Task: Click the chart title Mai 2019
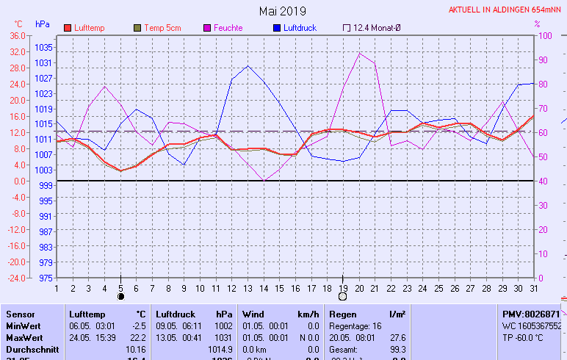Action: click(x=283, y=12)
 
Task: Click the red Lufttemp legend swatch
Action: click(x=68, y=28)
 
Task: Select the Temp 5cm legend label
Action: click(x=162, y=28)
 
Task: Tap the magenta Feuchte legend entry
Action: click(x=228, y=28)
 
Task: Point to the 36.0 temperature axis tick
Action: click(x=17, y=35)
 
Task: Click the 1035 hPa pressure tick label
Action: click(x=43, y=47)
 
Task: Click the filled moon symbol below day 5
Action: click(x=121, y=296)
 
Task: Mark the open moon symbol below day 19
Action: click(x=342, y=296)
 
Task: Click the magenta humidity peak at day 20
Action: click(x=360, y=53)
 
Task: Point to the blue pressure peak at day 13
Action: click(x=248, y=66)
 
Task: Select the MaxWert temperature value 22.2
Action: click(x=138, y=337)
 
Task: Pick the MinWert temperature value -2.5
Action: click(x=138, y=325)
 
